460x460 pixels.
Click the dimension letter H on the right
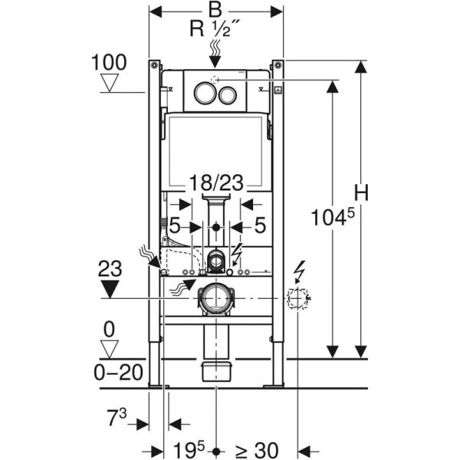[x=362, y=193]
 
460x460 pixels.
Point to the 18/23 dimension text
[x=216, y=185]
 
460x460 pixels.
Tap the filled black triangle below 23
[x=112, y=288]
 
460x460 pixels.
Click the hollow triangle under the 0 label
[x=112, y=350]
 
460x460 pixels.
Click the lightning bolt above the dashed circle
[x=300, y=272]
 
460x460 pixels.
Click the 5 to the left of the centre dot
[x=175, y=226]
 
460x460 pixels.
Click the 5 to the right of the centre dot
[x=259, y=226]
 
